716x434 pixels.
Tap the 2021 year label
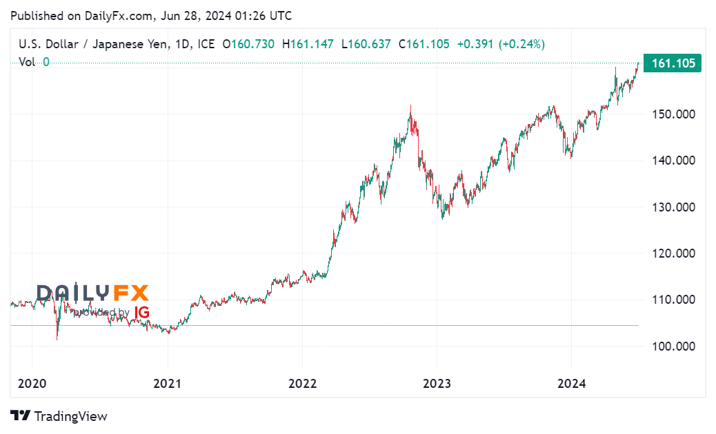168,384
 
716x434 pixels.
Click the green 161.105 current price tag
671,63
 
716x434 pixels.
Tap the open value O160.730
248,44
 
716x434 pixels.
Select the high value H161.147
308,44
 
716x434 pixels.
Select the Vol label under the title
27,62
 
